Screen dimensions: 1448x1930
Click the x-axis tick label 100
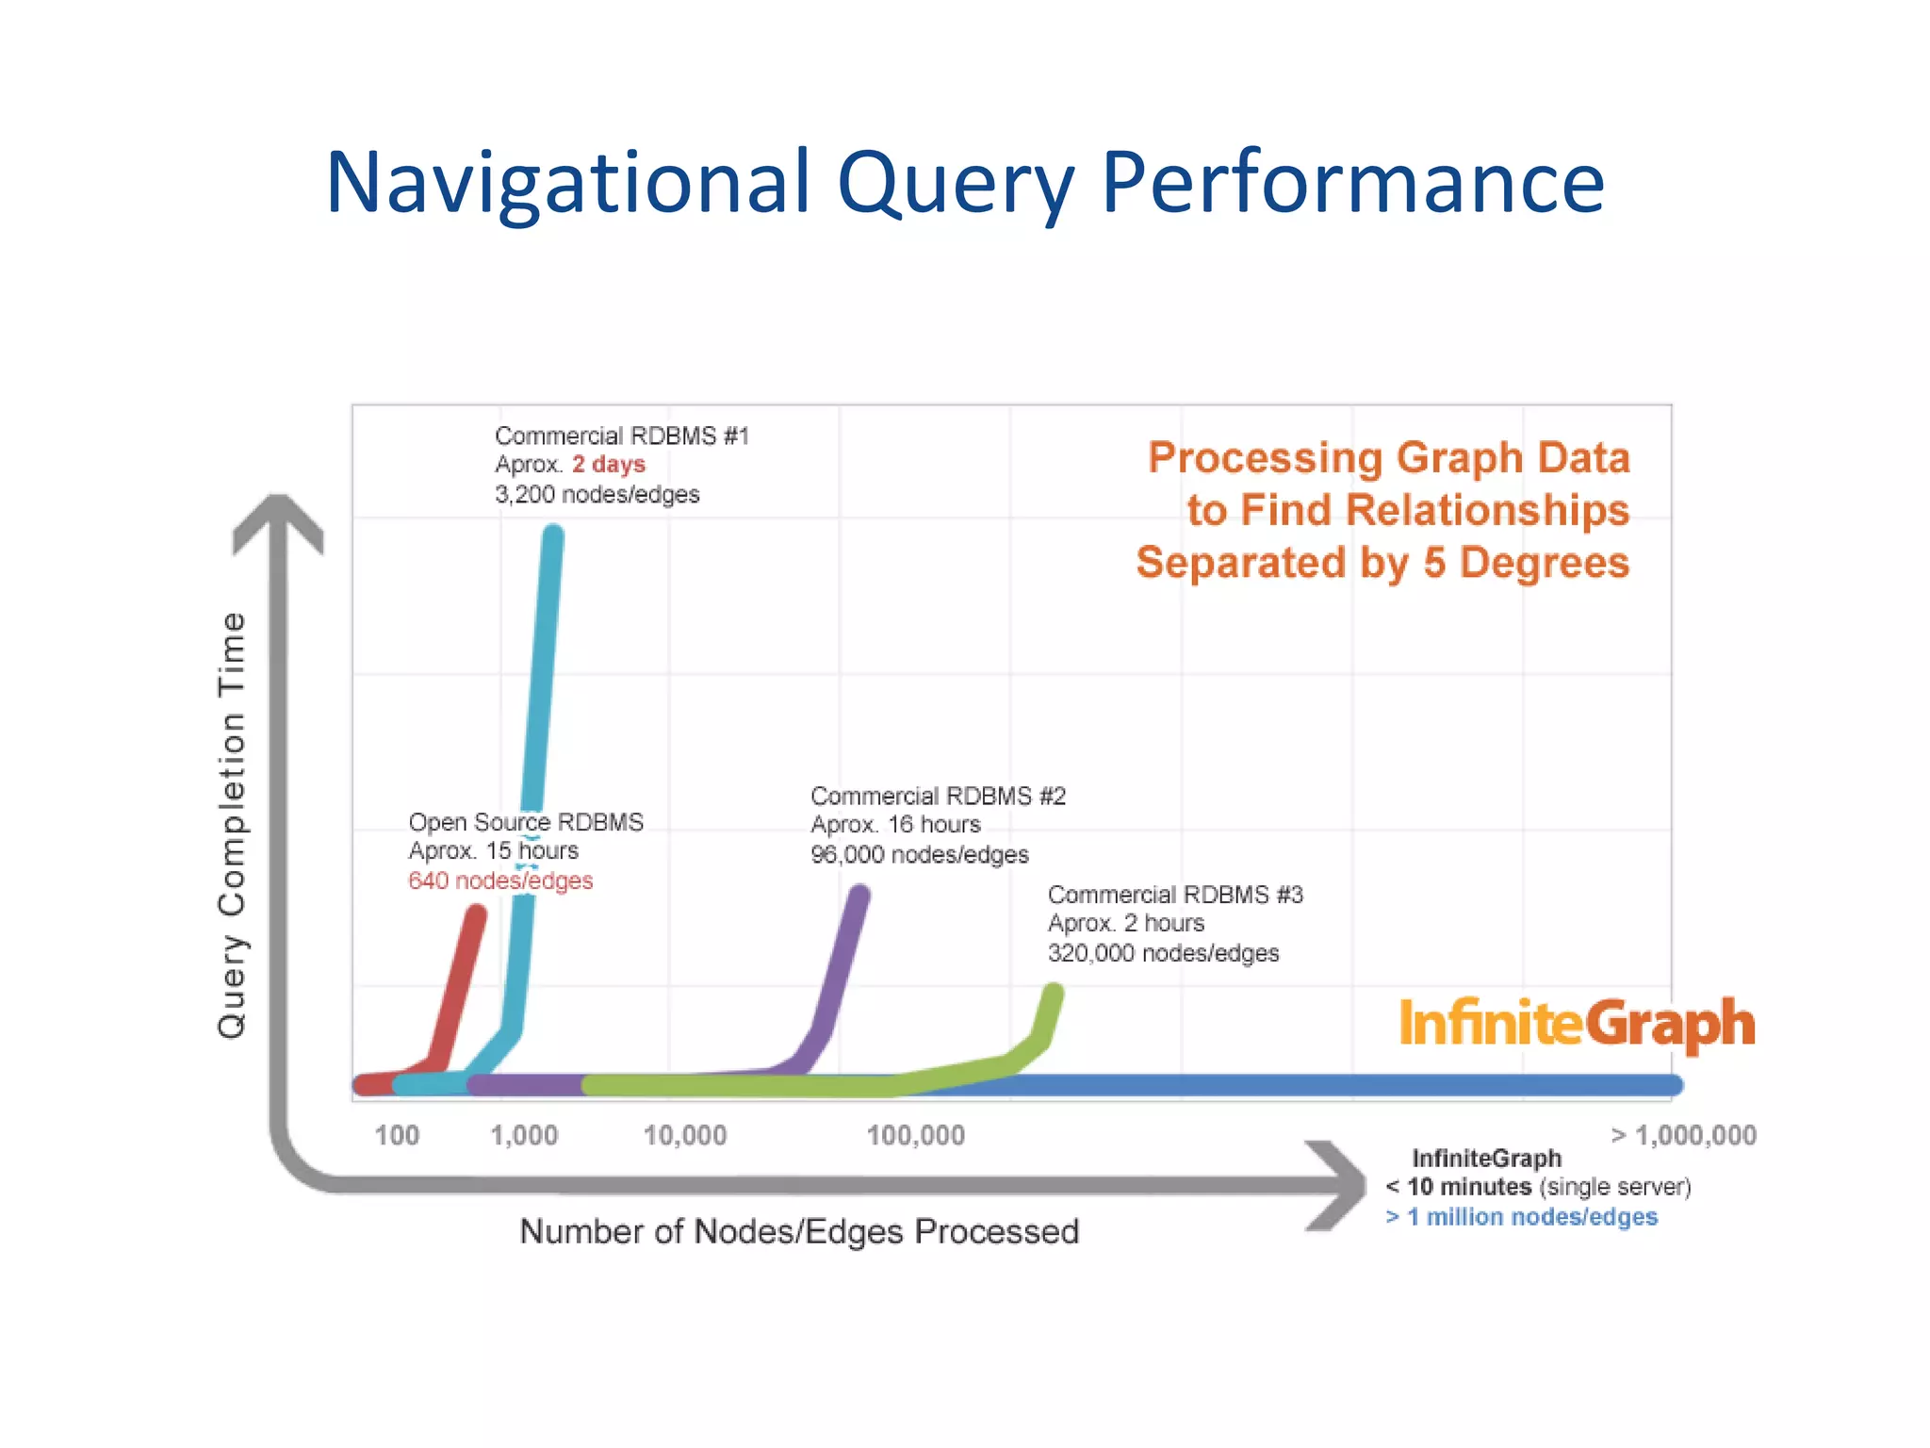tap(397, 1135)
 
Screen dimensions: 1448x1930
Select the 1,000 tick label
tap(524, 1135)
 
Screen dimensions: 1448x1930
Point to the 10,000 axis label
tap(685, 1135)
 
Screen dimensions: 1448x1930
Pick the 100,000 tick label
tap(915, 1135)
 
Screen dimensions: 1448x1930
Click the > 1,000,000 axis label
tap(1683, 1135)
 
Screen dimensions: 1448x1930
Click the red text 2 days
tap(609, 465)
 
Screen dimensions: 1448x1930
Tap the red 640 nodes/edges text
tap(500, 880)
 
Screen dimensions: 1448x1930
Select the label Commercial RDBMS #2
tap(938, 797)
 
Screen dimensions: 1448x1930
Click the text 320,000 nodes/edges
tap(1163, 953)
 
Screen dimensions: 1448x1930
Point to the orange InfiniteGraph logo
tap(1577, 1024)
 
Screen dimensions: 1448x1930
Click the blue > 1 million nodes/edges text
tap(1521, 1217)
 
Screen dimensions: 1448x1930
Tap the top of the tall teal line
tap(554, 535)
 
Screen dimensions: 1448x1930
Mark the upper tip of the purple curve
tap(859, 894)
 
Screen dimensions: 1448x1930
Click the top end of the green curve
tap(1055, 992)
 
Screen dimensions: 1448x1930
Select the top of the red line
tap(478, 913)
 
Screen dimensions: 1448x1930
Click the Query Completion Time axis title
tap(232, 825)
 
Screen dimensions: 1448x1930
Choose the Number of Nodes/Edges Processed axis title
tap(799, 1231)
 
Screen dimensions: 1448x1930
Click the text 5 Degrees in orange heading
tap(1526, 563)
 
